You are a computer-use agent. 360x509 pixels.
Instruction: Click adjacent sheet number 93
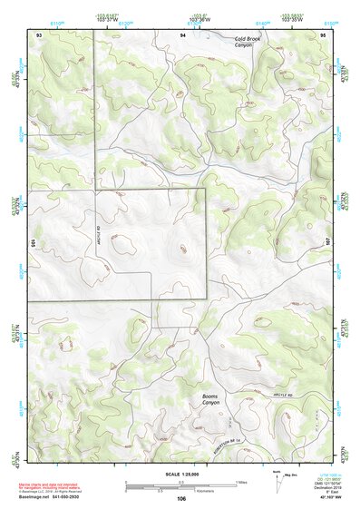(x=39, y=34)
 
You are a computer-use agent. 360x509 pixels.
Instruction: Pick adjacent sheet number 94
(x=182, y=34)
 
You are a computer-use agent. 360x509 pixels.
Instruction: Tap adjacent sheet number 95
(x=324, y=34)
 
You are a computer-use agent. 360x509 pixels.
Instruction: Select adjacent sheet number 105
(x=32, y=243)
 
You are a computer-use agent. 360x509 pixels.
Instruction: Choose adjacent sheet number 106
(x=181, y=498)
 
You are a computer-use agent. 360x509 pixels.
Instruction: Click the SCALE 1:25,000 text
(x=180, y=474)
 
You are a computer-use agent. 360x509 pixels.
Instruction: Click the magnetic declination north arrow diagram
(x=277, y=483)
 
